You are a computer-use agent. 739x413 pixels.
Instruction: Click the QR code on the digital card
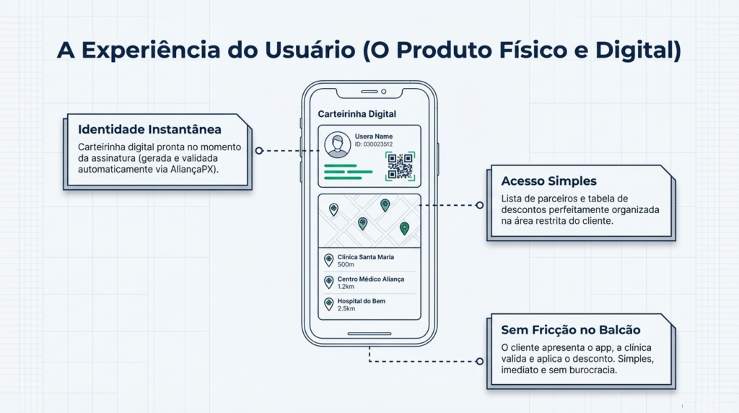click(x=401, y=166)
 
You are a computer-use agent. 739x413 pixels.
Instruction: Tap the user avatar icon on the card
click(x=337, y=144)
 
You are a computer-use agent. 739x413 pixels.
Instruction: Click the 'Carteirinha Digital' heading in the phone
click(x=357, y=114)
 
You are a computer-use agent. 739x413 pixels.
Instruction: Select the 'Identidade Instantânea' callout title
click(x=149, y=130)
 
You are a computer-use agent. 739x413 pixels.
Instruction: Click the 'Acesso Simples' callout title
click(x=549, y=181)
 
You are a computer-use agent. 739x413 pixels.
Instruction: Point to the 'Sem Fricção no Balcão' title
click(x=571, y=330)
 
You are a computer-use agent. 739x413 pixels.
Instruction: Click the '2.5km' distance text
click(x=346, y=309)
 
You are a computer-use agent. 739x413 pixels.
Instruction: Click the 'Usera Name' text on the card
click(x=373, y=136)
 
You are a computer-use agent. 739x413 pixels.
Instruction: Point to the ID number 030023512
click(x=373, y=144)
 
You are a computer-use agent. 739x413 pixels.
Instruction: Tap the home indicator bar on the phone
click(x=369, y=334)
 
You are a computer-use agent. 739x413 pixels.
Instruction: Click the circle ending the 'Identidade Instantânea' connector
click(x=258, y=151)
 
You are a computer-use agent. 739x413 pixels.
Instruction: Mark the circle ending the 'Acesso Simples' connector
click(x=479, y=205)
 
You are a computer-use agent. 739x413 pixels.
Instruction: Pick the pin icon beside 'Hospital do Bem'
click(x=328, y=304)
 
